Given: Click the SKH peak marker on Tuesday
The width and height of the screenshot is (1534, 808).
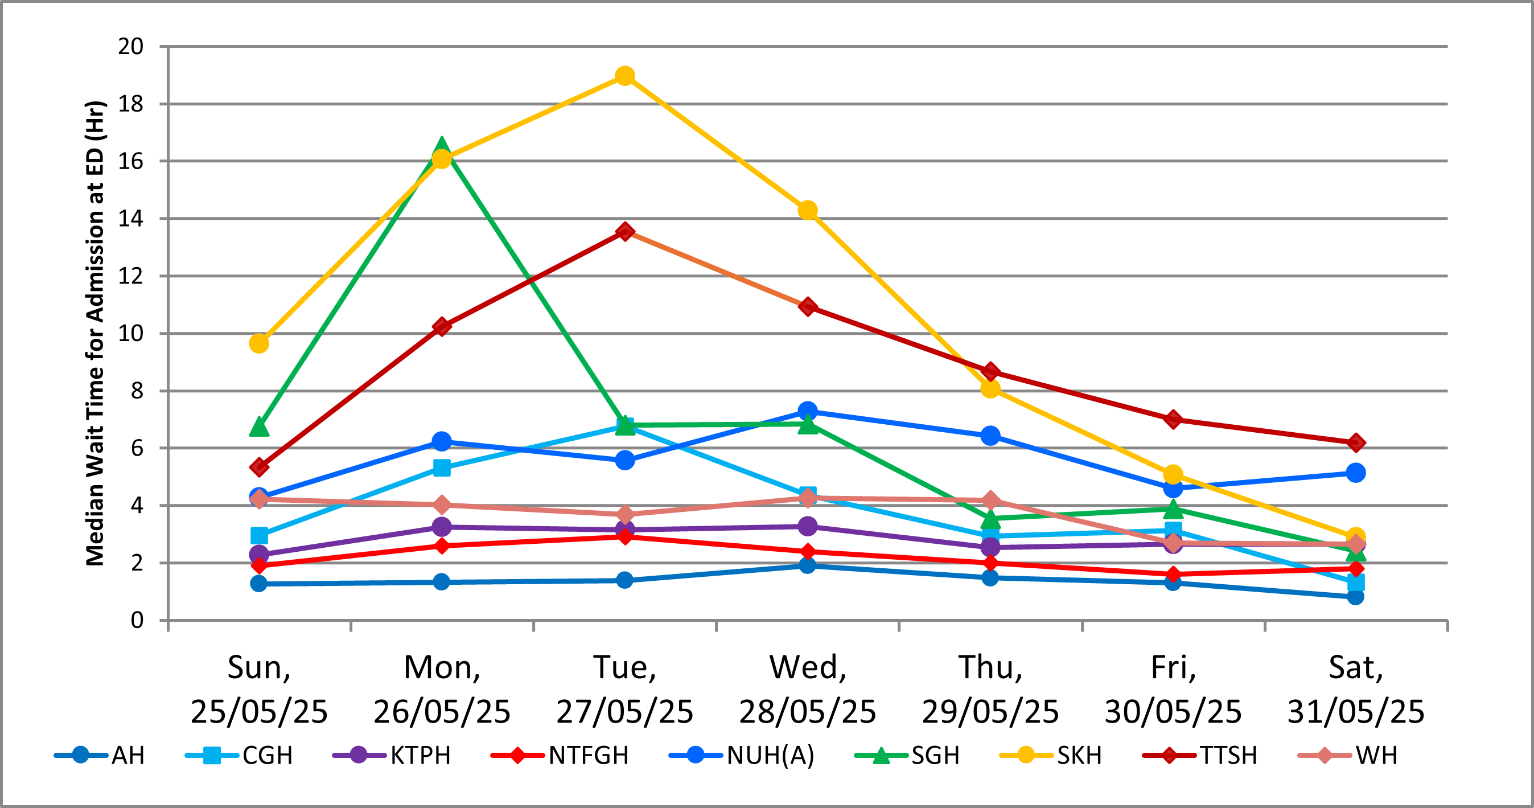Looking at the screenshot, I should point(624,76).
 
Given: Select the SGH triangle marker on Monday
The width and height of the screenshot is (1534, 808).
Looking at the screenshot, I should point(442,146).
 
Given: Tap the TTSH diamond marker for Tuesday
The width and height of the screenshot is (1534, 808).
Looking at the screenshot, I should point(624,231).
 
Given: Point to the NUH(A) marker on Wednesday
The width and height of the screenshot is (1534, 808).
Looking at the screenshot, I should point(808,411).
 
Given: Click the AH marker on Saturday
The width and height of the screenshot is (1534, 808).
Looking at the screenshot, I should point(1355,596).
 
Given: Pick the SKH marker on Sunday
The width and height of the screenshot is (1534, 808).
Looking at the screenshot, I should point(259,343).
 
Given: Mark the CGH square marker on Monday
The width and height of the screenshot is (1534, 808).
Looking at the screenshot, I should point(442,467).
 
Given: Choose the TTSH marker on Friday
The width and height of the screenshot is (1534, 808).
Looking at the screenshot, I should point(1173,420).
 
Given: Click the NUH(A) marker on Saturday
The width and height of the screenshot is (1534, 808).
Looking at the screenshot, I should point(1355,473).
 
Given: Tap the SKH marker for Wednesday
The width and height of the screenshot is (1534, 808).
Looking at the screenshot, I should point(808,210).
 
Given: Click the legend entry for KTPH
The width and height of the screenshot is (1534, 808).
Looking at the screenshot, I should point(392,756).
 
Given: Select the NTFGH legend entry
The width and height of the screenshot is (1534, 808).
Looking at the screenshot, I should point(560,756).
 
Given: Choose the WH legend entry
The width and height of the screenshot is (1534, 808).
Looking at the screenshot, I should point(1348,756).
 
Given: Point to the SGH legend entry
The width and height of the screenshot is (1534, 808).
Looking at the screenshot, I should point(907,756).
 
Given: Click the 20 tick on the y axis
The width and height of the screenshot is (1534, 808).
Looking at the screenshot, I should point(131,47).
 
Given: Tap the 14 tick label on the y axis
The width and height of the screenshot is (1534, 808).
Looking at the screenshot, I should point(131,219).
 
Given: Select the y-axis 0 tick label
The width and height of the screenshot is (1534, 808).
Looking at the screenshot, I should point(137,620).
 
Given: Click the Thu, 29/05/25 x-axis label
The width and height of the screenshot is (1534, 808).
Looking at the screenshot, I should point(990,690).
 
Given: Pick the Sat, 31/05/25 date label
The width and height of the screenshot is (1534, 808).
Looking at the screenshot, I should point(1356,690).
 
